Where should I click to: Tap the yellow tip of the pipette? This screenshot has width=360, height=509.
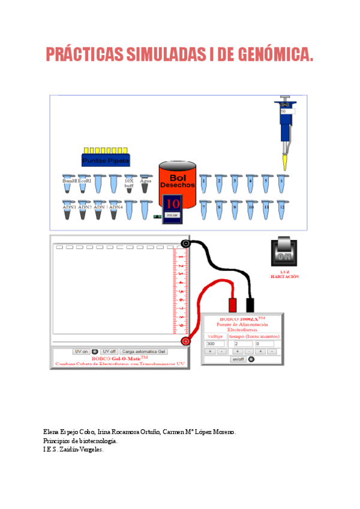284,163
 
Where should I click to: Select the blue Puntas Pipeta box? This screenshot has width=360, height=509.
106,160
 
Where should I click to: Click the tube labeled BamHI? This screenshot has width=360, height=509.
68,184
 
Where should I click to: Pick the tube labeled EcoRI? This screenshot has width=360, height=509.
84,184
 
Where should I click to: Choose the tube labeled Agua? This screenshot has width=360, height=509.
145,184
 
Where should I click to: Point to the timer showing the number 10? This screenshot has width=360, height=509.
173,203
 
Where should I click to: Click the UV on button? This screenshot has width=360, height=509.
81,351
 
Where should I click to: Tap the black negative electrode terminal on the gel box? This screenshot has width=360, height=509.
185,243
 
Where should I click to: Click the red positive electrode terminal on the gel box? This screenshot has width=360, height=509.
185,341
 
